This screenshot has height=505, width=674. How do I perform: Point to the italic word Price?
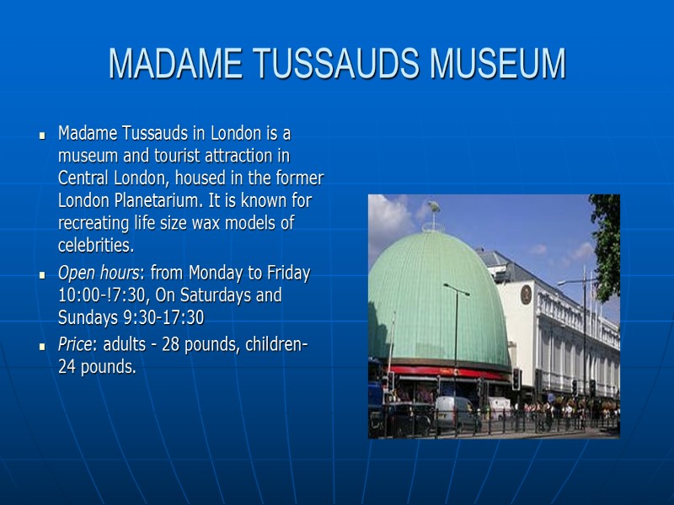point(75,345)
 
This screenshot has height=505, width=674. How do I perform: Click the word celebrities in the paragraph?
point(94,246)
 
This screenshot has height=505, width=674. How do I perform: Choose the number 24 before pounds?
point(67,367)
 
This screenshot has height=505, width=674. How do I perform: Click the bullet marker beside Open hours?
point(41,275)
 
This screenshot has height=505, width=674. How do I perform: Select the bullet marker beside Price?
point(41,347)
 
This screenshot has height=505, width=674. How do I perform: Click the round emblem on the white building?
point(526,294)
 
